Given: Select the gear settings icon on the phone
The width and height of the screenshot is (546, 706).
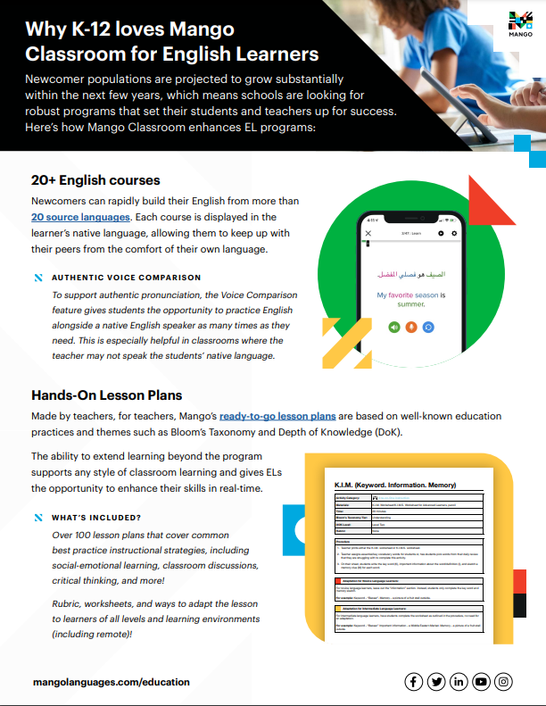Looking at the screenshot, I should point(454,233).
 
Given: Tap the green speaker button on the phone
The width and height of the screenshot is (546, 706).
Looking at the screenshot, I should point(393,328).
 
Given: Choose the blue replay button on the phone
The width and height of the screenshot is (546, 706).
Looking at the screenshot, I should point(428,328).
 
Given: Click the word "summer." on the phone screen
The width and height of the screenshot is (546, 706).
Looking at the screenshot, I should point(411,304).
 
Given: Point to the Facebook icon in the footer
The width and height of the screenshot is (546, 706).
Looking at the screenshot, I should point(413,682).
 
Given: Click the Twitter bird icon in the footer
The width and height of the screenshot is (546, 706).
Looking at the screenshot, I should point(436,682).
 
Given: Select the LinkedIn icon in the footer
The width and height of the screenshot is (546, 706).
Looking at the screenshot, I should point(459,682).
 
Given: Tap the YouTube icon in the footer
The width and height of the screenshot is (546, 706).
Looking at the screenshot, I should point(482,682).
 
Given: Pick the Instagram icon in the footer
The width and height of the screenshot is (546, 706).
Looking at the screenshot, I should point(504,682).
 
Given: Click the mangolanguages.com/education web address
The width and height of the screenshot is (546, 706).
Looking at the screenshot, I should point(111,682).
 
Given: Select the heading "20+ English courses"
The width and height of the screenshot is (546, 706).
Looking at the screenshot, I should point(95,180).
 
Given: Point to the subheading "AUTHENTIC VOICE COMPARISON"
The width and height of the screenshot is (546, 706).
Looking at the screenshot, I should point(126,278).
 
